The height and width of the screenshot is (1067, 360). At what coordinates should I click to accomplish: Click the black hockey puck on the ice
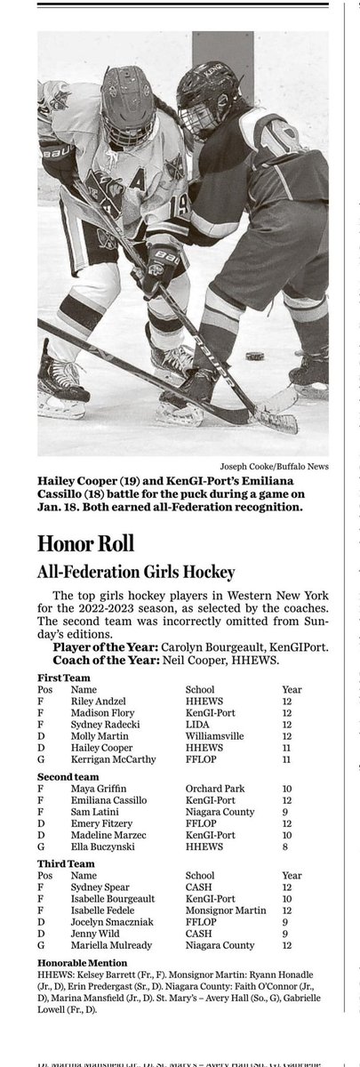(x=255, y=356)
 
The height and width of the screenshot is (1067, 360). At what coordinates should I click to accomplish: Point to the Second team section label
(x=68, y=776)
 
